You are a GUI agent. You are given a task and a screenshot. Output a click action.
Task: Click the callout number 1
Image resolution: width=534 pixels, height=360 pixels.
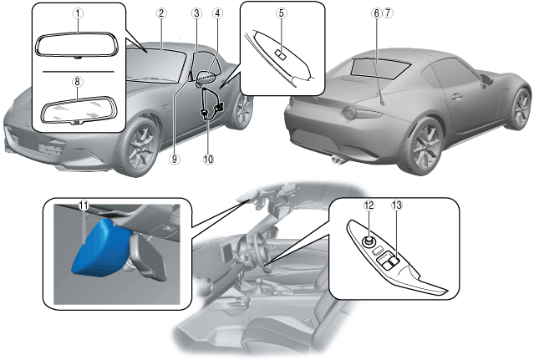click(77, 14)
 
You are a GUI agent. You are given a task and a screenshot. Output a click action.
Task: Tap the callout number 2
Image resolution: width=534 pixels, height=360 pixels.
click(160, 13)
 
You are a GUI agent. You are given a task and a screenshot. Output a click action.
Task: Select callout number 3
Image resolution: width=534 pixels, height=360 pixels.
click(196, 13)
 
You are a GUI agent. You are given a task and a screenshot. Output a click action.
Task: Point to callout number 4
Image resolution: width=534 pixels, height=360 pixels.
click(216, 13)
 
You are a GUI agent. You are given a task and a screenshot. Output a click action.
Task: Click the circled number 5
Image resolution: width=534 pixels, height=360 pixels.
click(281, 13)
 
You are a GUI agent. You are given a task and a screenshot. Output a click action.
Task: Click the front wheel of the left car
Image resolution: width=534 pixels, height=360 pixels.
click(140, 145)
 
